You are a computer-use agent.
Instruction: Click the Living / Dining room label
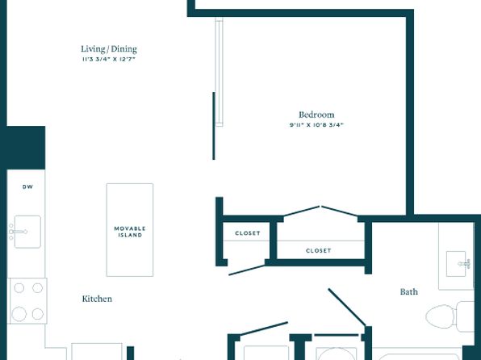pos(109,49)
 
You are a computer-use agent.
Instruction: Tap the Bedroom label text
pos(316,115)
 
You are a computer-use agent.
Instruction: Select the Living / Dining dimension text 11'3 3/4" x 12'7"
pos(109,59)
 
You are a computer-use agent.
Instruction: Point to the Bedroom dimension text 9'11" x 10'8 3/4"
pos(316,125)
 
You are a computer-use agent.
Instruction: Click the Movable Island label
pos(130,232)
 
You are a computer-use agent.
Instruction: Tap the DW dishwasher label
pos(27,186)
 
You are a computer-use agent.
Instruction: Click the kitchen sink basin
pos(27,232)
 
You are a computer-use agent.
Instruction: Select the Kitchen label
pos(97,299)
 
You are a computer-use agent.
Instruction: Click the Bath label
pos(409,291)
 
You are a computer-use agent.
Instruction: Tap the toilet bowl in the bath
pos(440,316)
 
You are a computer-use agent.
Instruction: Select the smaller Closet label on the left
pos(248,233)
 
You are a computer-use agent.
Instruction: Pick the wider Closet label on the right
pos(319,250)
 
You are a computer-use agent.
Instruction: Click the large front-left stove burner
pos(19,314)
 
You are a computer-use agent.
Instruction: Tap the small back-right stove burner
pos(37,288)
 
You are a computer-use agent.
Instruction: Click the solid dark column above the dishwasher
pos(26,148)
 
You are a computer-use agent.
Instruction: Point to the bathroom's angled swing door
pos(347,308)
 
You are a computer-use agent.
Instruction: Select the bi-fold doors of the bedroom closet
pos(320,211)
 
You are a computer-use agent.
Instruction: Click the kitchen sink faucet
pos(18,232)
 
